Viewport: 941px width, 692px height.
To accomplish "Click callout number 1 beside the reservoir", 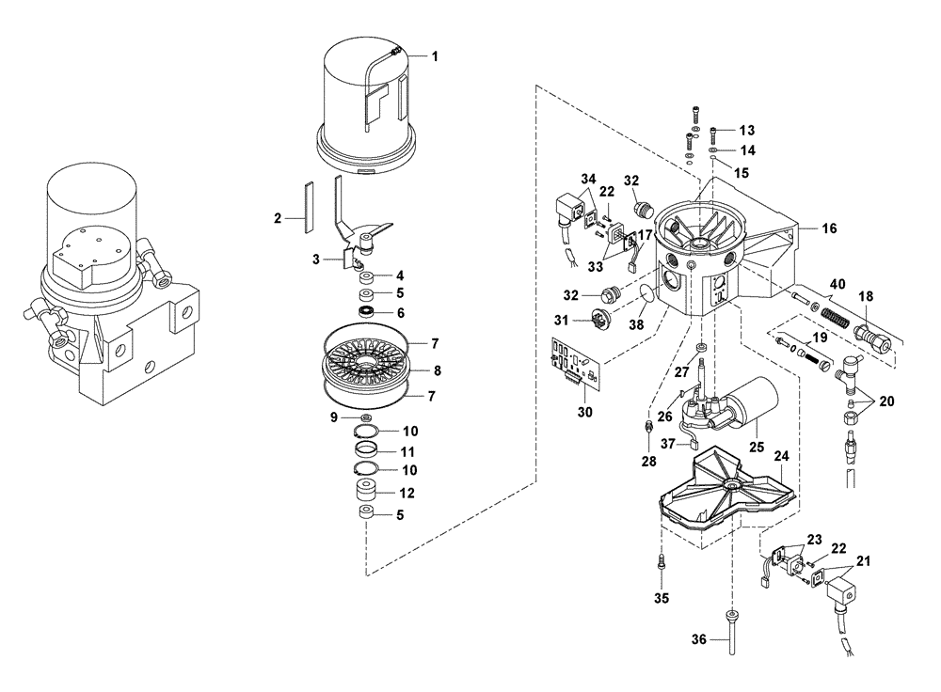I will [x=435, y=56].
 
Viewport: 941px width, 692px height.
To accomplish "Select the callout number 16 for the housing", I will [x=829, y=228].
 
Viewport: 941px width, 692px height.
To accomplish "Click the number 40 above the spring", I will [x=837, y=282].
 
